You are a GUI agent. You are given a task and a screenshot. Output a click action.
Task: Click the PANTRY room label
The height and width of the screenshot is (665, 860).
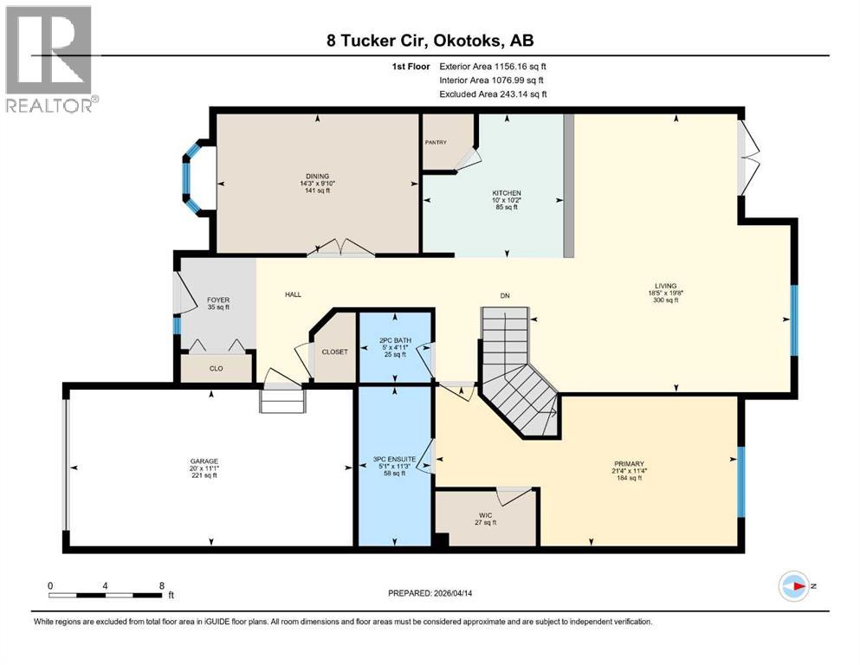click(435, 142)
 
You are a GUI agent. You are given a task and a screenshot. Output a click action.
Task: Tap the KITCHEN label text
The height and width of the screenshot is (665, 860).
click(507, 192)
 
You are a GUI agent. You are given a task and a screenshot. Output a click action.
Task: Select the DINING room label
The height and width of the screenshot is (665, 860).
click(317, 176)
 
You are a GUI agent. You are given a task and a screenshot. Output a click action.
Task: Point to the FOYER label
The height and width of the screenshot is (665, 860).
click(217, 300)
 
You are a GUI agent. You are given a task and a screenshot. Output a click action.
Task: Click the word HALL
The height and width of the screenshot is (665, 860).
click(294, 295)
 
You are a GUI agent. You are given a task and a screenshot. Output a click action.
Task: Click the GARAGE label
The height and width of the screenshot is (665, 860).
click(204, 461)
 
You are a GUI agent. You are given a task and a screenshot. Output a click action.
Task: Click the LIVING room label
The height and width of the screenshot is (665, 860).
click(665, 286)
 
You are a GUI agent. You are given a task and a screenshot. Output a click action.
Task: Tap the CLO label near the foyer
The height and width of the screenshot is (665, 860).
click(217, 369)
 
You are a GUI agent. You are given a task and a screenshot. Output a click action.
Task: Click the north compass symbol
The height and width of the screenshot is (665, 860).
click(793, 586)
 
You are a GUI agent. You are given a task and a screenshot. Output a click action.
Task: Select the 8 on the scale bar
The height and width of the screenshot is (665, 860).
click(161, 585)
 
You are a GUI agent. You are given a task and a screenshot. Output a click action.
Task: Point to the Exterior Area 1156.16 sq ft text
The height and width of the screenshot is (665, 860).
click(493, 65)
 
